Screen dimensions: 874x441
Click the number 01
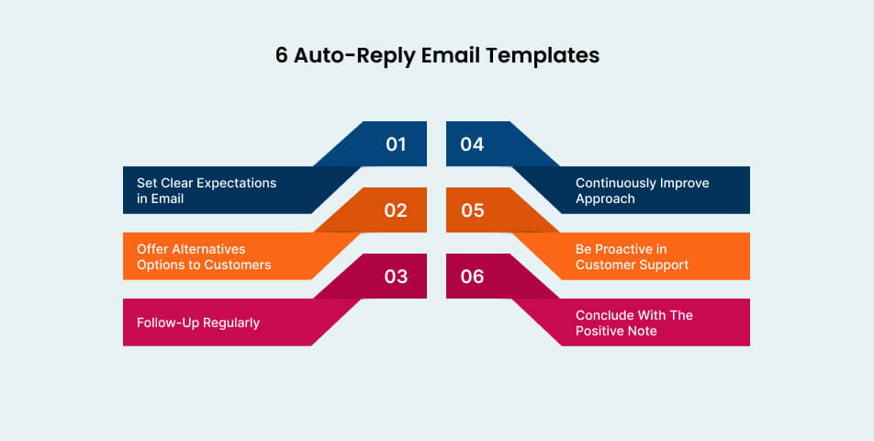(396, 144)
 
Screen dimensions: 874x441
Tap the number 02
(396, 210)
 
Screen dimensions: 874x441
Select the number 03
(396, 277)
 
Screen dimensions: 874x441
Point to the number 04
(472, 144)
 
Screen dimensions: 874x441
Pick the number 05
(472, 210)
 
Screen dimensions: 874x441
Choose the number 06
(472, 277)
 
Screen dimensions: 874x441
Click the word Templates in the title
(543, 55)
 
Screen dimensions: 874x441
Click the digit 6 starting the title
(282, 55)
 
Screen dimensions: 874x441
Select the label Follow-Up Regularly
(198, 322)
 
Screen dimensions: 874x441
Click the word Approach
(605, 198)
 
